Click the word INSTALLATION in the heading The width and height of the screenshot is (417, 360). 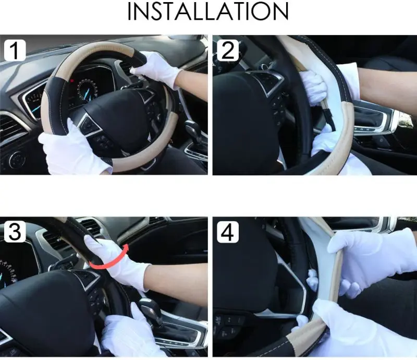(208, 11)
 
